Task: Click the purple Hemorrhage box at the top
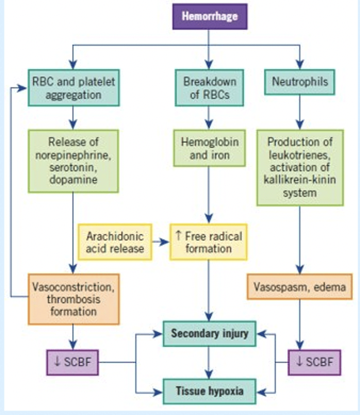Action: [x=210, y=17]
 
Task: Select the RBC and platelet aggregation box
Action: [x=73, y=88]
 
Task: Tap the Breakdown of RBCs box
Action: [x=209, y=88]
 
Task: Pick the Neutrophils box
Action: [x=299, y=82]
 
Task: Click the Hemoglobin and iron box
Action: [x=209, y=148]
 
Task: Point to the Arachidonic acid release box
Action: [x=115, y=242]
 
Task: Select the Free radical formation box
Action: [x=208, y=242]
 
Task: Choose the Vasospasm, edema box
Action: [x=299, y=287]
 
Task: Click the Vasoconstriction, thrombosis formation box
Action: [x=73, y=299]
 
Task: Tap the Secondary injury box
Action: [x=209, y=334]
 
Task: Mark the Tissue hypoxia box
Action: [x=209, y=391]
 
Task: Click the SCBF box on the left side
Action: [x=72, y=362]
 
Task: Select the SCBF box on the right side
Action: [x=314, y=362]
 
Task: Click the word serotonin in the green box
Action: [x=73, y=167]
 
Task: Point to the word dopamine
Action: [x=73, y=179]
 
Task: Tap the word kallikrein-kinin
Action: [x=299, y=180]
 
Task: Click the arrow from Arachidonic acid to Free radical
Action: [x=161, y=242]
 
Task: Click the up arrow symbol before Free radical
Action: [x=178, y=236]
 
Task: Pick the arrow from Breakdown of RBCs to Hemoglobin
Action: [x=209, y=118]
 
